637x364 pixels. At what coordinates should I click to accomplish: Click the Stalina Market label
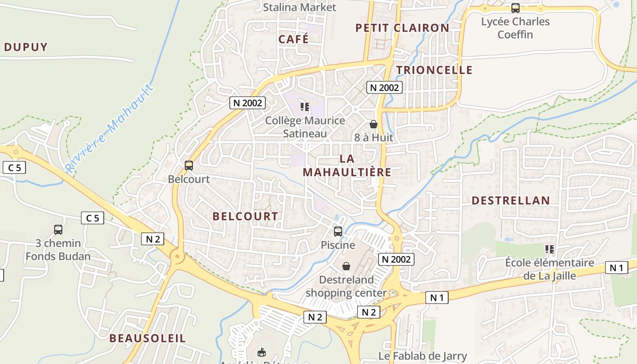(x=300, y=7)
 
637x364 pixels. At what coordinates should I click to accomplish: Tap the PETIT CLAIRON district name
(x=402, y=28)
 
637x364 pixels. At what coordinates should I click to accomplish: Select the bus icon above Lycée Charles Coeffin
(x=515, y=8)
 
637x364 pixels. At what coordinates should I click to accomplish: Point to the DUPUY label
(x=26, y=47)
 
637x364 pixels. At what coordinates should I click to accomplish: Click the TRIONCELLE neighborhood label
(x=434, y=70)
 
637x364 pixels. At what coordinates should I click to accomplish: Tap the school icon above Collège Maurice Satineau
(x=305, y=107)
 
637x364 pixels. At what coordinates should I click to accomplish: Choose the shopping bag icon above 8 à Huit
(x=373, y=124)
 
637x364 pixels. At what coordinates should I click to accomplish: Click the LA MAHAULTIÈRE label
(x=347, y=166)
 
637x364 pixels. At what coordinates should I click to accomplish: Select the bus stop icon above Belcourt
(x=189, y=166)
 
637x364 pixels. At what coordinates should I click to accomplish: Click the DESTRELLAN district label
(x=511, y=201)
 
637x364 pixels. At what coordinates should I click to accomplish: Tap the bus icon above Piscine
(x=338, y=231)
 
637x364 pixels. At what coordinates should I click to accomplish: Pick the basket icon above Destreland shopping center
(x=346, y=266)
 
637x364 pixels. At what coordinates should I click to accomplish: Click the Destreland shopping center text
(x=346, y=287)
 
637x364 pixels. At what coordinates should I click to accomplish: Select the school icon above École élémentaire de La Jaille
(x=550, y=249)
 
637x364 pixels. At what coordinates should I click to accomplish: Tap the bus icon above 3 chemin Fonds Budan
(x=58, y=230)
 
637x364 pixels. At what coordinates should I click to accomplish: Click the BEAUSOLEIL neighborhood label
(x=147, y=339)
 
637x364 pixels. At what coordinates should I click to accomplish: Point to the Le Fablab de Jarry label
(x=423, y=356)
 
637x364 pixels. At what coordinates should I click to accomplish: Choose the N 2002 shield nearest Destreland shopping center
(x=396, y=259)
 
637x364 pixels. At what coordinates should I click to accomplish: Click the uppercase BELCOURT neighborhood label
(x=245, y=217)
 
